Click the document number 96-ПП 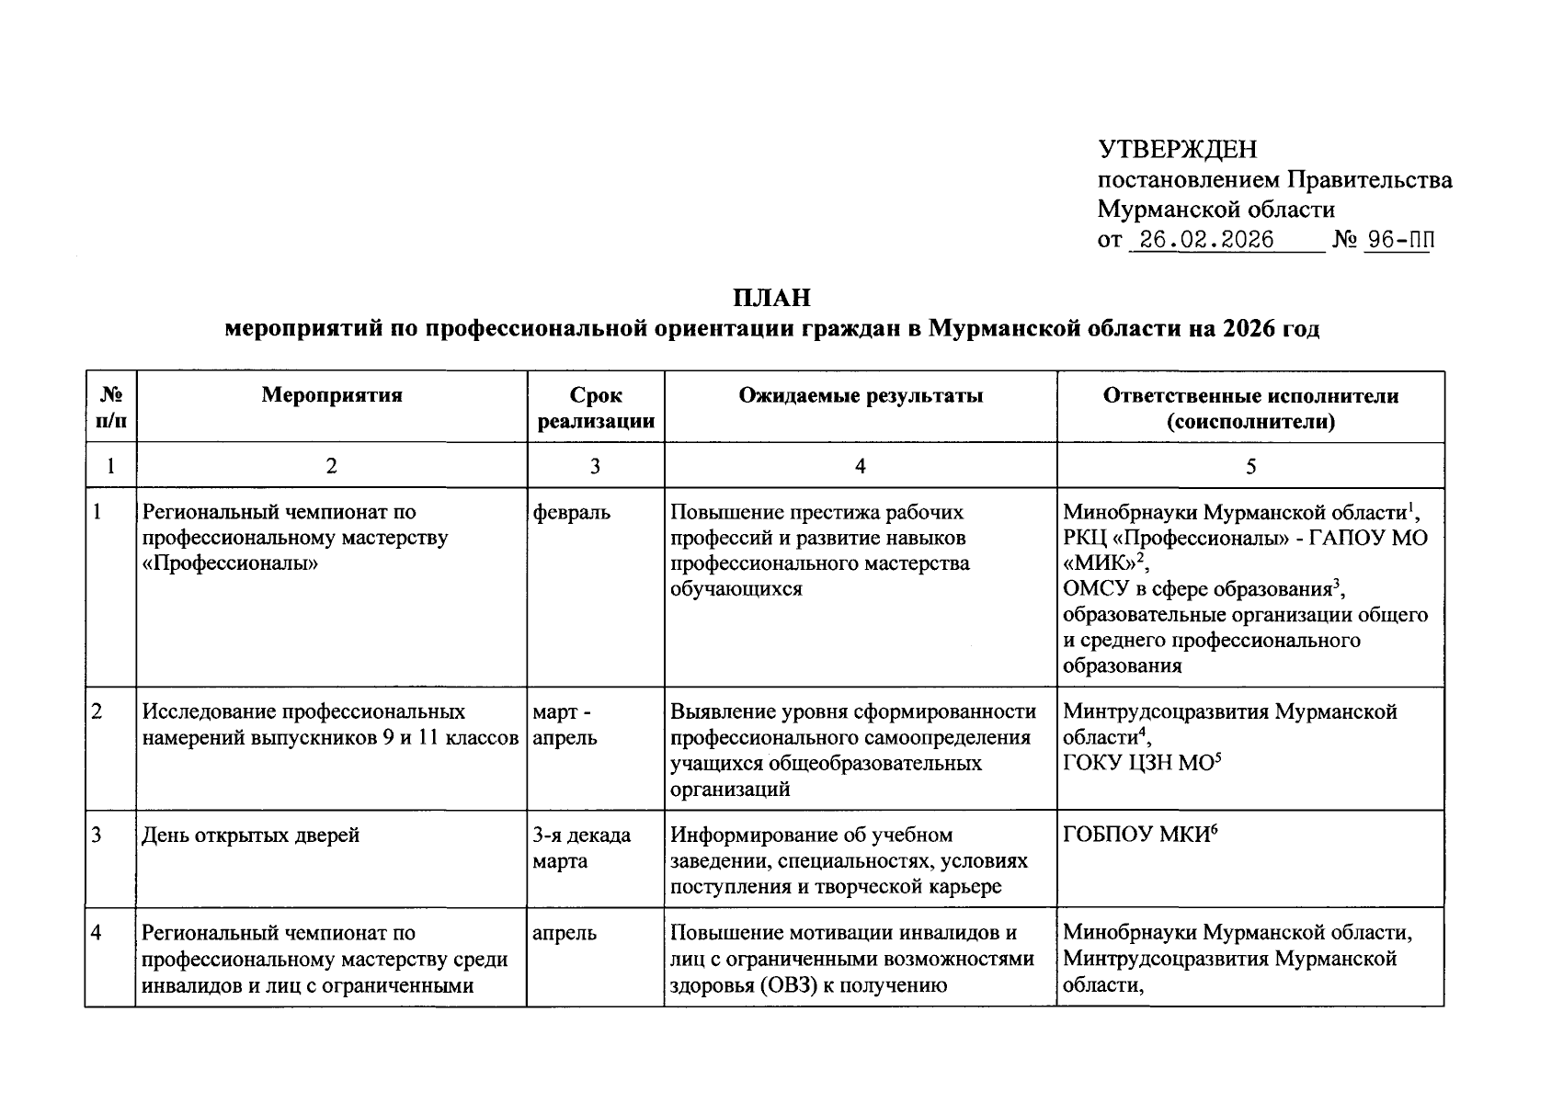coord(1398,240)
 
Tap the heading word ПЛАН coord(772,298)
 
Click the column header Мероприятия coord(332,395)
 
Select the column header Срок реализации coord(596,408)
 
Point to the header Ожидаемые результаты coord(861,395)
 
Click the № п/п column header coord(110,408)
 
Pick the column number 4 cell coord(861,466)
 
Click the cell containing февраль coord(571,512)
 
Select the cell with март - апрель coord(565,724)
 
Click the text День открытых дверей coord(250,836)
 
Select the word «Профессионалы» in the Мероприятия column coord(230,563)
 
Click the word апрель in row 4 coord(565,933)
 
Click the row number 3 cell coord(97,836)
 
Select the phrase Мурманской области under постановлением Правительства coord(1215,210)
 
